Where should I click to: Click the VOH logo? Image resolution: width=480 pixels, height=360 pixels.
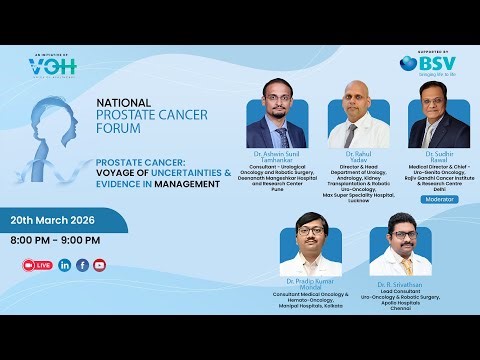point(51,67)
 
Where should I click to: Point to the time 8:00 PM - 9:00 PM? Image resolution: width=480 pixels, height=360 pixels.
point(56,240)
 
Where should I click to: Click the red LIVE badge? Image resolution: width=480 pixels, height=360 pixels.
point(37,265)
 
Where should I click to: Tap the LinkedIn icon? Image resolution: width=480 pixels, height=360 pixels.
point(65,265)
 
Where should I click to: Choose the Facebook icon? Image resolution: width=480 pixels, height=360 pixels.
point(82,265)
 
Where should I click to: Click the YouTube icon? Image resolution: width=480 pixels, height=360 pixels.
point(99,265)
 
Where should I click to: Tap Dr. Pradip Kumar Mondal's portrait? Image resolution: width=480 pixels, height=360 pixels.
point(308,243)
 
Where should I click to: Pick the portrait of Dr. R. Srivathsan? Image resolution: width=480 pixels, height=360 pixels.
point(393,245)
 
